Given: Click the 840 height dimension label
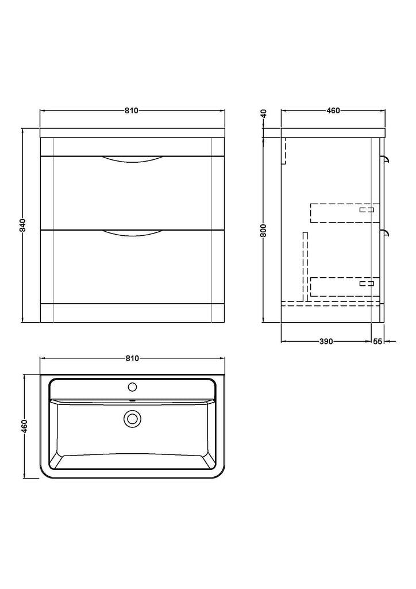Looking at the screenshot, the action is tap(23, 225).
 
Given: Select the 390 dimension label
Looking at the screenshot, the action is tap(326, 342).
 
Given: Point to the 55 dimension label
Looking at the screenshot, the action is tap(378, 342).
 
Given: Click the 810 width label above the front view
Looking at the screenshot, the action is tap(132, 111).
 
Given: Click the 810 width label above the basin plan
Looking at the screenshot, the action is tap(132, 358).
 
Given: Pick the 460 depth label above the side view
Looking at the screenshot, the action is tap(333, 111).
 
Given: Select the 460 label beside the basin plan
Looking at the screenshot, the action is tap(24, 426).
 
